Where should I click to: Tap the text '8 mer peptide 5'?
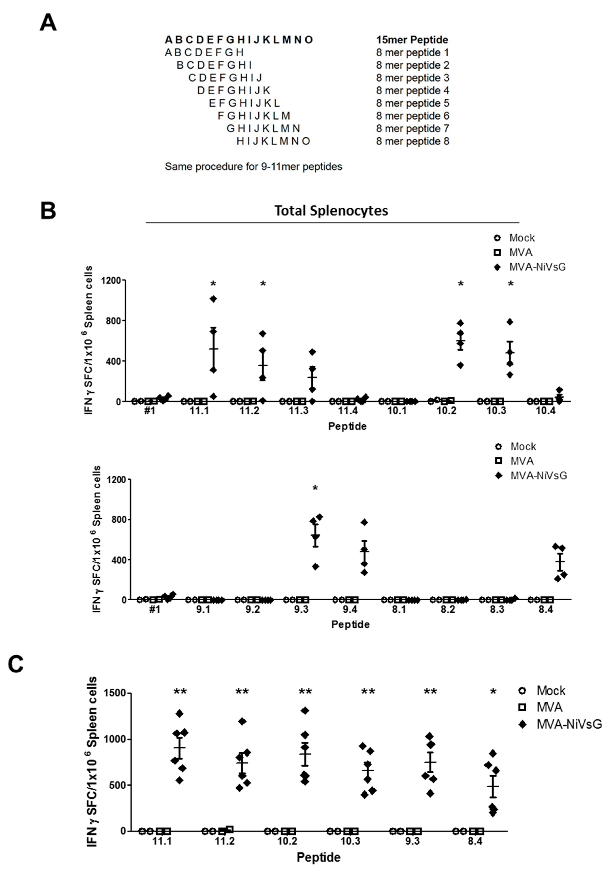pyautogui.click(x=413, y=103)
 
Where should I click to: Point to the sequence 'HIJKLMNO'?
pyautogui.click(x=273, y=141)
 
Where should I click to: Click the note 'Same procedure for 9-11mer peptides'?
pyautogui.click(x=253, y=167)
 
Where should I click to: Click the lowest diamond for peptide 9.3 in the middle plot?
pyautogui.click(x=315, y=567)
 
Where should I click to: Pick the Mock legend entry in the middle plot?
pyautogui.click(x=523, y=447)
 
